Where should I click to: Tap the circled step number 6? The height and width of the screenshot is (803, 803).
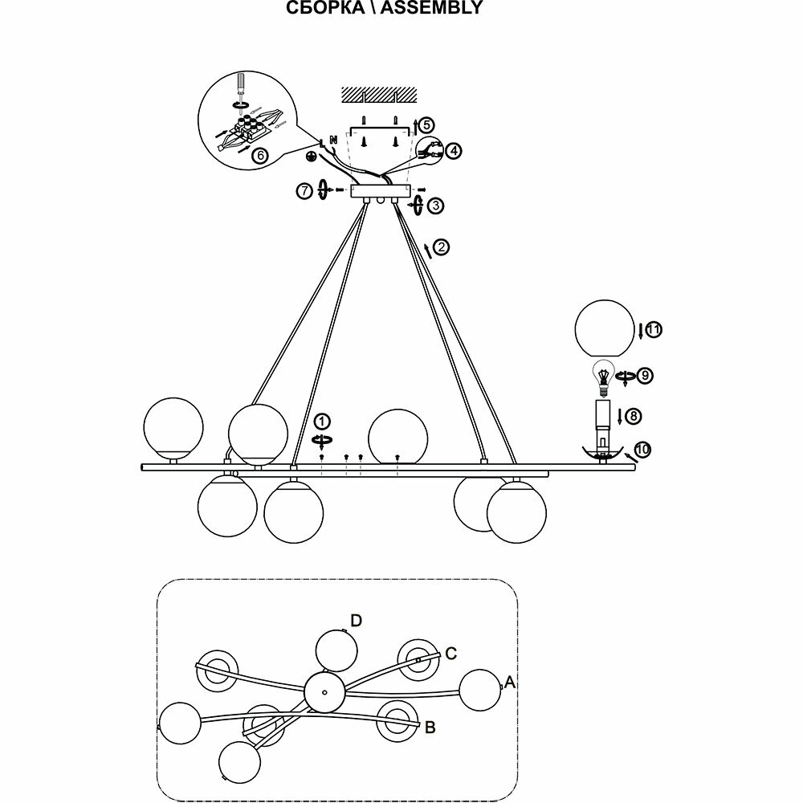click(259, 157)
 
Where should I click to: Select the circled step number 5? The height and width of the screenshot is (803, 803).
click(426, 125)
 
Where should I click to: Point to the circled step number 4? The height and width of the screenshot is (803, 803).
click(454, 151)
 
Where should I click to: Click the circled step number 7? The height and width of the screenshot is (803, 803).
click(304, 190)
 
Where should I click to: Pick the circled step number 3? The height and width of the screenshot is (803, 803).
click(435, 206)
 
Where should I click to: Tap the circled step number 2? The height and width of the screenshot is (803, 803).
click(442, 247)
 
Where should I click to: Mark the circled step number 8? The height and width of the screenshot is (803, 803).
click(634, 416)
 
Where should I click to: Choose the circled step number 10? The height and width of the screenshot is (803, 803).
click(642, 450)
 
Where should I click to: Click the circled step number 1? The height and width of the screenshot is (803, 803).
click(321, 422)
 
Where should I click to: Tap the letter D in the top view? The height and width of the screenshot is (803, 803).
click(357, 620)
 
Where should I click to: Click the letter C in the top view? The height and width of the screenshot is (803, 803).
click(451, 654)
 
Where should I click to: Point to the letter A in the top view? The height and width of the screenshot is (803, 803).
click(509, 683)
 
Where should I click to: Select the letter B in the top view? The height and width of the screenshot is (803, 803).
click(430, 728)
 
